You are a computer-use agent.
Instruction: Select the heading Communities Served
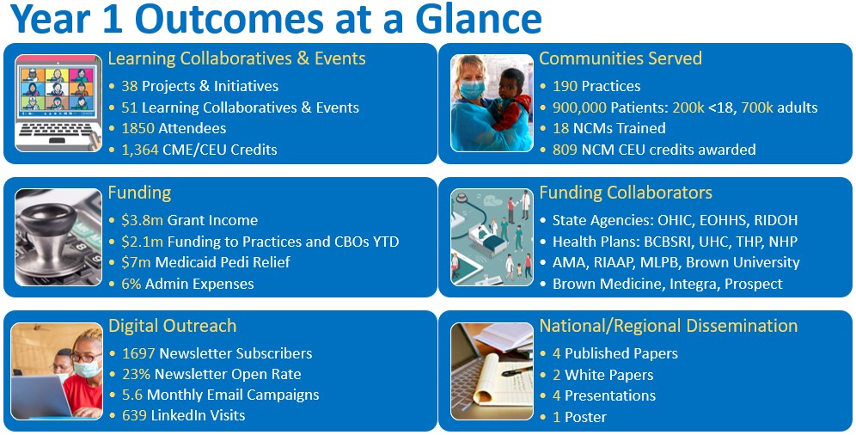621,58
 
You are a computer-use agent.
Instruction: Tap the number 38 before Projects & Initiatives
130,86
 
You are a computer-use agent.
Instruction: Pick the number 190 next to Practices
565,86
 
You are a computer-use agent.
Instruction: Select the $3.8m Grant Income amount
142,220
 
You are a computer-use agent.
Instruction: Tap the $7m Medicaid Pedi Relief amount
136,262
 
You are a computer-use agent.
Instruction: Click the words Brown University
743,262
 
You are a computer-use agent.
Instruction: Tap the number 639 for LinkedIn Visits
134,415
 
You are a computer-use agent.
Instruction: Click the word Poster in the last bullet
585,418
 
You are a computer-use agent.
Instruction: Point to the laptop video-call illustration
58,102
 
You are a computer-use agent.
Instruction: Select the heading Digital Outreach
173,326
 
